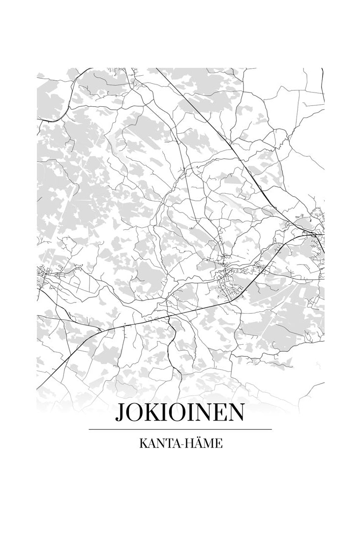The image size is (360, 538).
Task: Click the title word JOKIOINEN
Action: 180,413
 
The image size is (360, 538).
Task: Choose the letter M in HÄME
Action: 209,444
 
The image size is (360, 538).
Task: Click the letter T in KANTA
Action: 167,444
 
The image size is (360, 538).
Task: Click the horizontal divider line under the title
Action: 180,429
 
